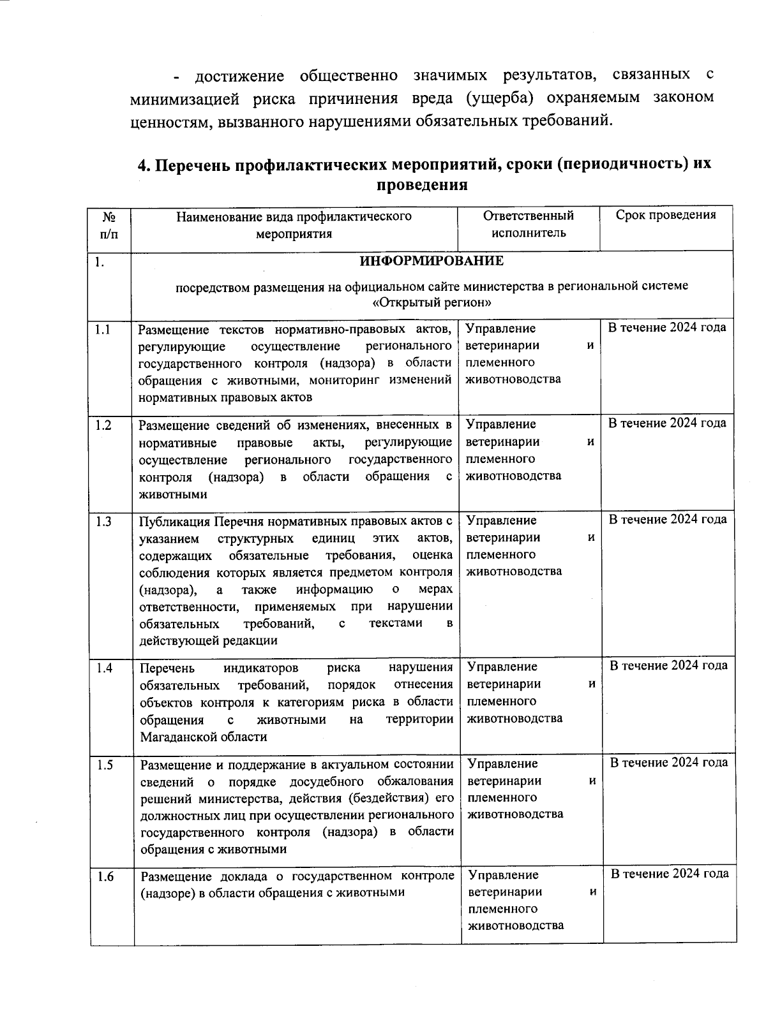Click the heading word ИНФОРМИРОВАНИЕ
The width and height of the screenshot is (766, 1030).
pyautogui.click(x=432, y=261)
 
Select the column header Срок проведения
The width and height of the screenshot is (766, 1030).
pyautogui.click(x=666, y=215)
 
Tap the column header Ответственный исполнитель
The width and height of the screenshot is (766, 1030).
pyautogui.click(x=529, y=224)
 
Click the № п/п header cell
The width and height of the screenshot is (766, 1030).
pyautogui.click(x=109, y=224)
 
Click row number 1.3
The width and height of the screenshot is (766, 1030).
pyautogui.click(x=103, y=522)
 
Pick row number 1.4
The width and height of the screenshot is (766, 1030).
pyautogui.click(x=105, y=668)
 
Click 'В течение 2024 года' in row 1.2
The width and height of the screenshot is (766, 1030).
pyautogui.click(x=667, y=423)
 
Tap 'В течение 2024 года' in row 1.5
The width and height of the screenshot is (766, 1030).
pyautogui.click(x=669, y=762)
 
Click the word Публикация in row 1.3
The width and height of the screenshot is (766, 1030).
pyautogui.click(x=175, y=522)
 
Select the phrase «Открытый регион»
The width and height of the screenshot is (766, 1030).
pyautogui.click(x=432, y=302)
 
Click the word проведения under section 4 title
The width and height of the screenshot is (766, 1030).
pyautogui.click(x=423, y=186)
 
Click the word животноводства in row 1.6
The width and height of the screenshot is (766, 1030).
pyautogui.click(x=516, y=925)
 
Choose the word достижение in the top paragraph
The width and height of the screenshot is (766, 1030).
pyautogui.click(x=239, y=77)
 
